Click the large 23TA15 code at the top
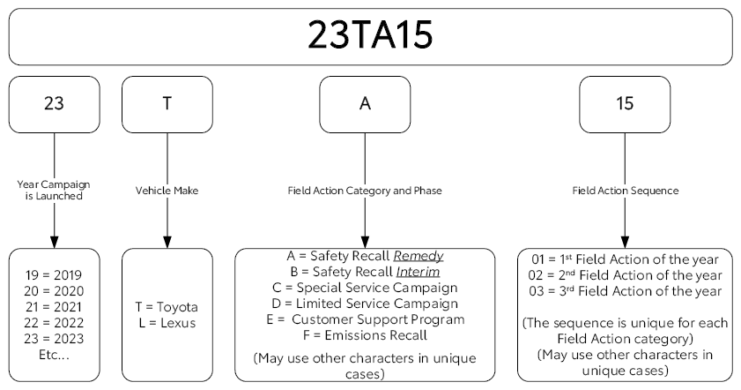click(370, 35)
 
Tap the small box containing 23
click(55, 105)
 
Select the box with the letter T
click(167, 105)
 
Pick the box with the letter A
click(365, 105)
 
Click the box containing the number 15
click(625, 105)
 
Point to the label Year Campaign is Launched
click(54, 191)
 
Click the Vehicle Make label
click(167, 191)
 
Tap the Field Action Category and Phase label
click(365, 191)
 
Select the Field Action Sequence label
click(626, 191)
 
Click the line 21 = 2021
click(54, 307)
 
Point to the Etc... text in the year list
click(54, 355)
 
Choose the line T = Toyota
click(167, 307)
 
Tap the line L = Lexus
click(167, 323)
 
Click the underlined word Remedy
click(419, 257)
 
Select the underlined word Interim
click(419, 272)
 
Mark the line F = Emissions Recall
click(365, 335)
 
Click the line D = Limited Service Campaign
click(365, 304)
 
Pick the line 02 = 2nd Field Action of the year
click(625, 275)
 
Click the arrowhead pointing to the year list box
click(55, 242)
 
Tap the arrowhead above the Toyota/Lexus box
click(167, 242)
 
